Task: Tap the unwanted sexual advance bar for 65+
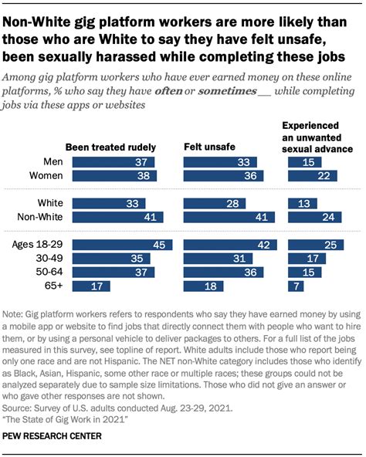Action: [x=295, y=286]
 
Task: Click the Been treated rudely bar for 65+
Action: [x=86, y=286]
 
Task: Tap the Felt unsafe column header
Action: [x=209, y=147]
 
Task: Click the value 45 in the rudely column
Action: [x=158, y=245]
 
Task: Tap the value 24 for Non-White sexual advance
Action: [x=327, y=218]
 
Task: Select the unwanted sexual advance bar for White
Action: [x=300, y=204]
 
